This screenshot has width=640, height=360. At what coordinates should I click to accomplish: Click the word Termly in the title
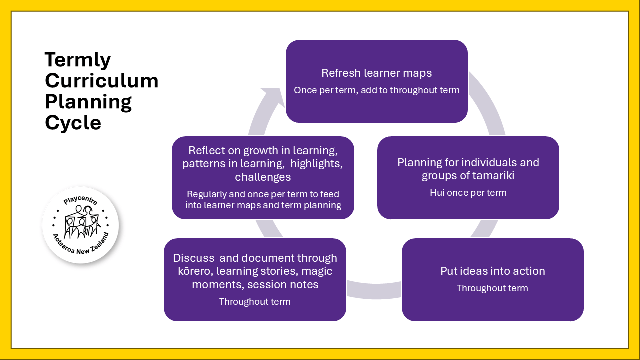78,60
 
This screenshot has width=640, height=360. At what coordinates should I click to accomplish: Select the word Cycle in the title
73,122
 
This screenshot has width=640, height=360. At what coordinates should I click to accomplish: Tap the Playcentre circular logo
80,225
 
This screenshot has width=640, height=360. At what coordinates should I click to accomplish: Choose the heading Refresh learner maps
376,73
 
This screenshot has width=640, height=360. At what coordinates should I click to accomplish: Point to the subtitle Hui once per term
468,192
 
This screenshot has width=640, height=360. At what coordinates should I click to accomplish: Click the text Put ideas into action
492,271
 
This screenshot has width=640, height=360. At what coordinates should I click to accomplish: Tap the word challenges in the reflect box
263,177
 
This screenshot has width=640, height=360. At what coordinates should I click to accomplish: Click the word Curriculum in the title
101,81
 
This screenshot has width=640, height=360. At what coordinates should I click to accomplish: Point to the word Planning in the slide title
88,102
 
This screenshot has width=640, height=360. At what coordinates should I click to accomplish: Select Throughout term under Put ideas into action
492,288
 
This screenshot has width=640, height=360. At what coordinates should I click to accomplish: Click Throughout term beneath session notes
255,301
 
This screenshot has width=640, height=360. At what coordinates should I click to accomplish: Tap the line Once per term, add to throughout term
376,90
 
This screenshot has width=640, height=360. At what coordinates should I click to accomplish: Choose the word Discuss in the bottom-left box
190,258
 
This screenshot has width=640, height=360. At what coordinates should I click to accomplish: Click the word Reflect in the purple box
205,151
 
